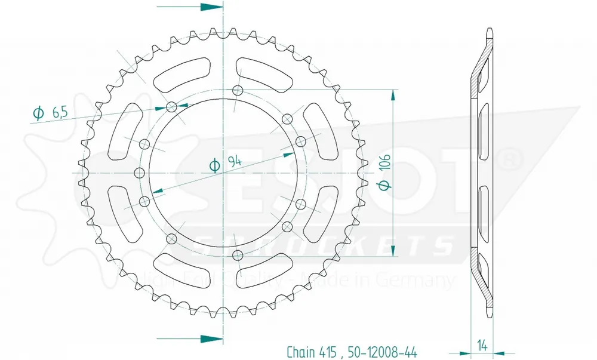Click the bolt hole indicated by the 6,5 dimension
[172, 107]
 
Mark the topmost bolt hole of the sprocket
[238, 91]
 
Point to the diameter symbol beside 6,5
[38, 113]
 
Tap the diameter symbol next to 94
[214, 165]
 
